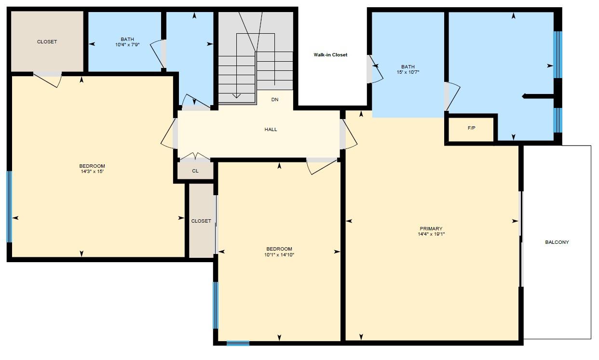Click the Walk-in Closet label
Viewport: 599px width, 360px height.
point(330,55)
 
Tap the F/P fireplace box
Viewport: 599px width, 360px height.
point(471,128)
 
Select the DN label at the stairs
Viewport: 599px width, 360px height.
point(274,100)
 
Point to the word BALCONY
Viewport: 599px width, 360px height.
point(557,242)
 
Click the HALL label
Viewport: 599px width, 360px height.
point(271,130)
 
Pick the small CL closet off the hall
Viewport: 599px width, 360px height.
point(195,171)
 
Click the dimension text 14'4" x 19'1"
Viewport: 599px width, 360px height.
point(431,234)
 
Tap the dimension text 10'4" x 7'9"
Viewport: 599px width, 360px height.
point(127,44)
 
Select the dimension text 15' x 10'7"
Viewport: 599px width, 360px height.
point(408,72)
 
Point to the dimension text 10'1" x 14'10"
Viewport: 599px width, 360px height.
point(279,255)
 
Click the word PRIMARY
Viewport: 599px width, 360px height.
point(431,229)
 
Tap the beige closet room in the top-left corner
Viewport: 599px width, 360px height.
point(47,42)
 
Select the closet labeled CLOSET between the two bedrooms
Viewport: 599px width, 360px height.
point(201,221)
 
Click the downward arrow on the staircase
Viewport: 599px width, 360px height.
point(236,95)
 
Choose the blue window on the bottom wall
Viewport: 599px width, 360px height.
point(238,343)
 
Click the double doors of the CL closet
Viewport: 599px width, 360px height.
point(194,157)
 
